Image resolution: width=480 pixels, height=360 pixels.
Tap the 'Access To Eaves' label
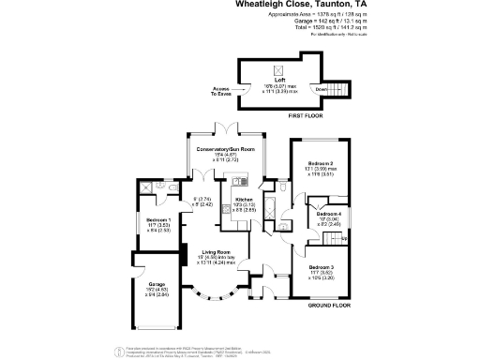pos(221,92)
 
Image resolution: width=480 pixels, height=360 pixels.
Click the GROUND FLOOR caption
pos(329,305)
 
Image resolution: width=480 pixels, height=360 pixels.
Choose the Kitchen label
pos(244,199)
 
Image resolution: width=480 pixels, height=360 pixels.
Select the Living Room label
pos(217,251)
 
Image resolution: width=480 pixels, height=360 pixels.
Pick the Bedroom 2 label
pos(322,163)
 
